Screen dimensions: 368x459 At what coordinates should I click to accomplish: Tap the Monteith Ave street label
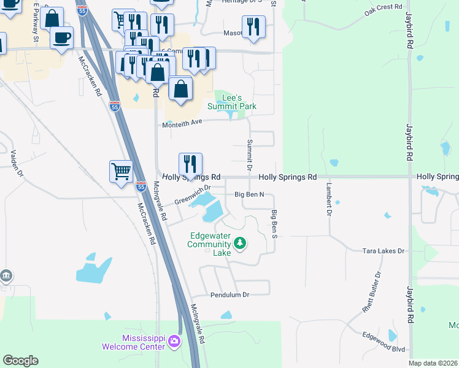coord(182,123)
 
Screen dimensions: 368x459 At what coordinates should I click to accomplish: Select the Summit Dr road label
coord(250,155)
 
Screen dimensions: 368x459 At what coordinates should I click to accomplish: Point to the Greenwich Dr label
coord(192,196)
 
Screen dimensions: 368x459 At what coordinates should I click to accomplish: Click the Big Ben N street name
coord(249,195)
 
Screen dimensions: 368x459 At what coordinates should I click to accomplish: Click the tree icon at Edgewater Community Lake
coord(240,243)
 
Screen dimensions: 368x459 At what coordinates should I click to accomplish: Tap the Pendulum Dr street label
coord(229,294)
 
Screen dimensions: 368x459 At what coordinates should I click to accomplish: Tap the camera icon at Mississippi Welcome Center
coord(175,341)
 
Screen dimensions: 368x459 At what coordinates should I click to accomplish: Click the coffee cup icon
coord(61,37)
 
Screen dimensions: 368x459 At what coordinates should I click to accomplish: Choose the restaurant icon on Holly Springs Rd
coord(190,164)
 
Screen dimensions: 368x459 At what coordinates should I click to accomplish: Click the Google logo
coord(20,361)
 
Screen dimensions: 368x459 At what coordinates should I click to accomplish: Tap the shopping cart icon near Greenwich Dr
coord(121,171)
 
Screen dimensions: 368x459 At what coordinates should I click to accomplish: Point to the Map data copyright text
coord(433,363)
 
